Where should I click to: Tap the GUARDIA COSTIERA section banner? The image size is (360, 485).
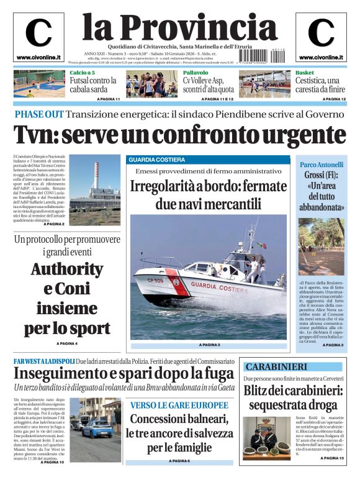tap(157, 160)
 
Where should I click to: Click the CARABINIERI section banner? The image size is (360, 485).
tap(277, 366)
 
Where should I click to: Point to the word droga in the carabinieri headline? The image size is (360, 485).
tap(320, 405)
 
